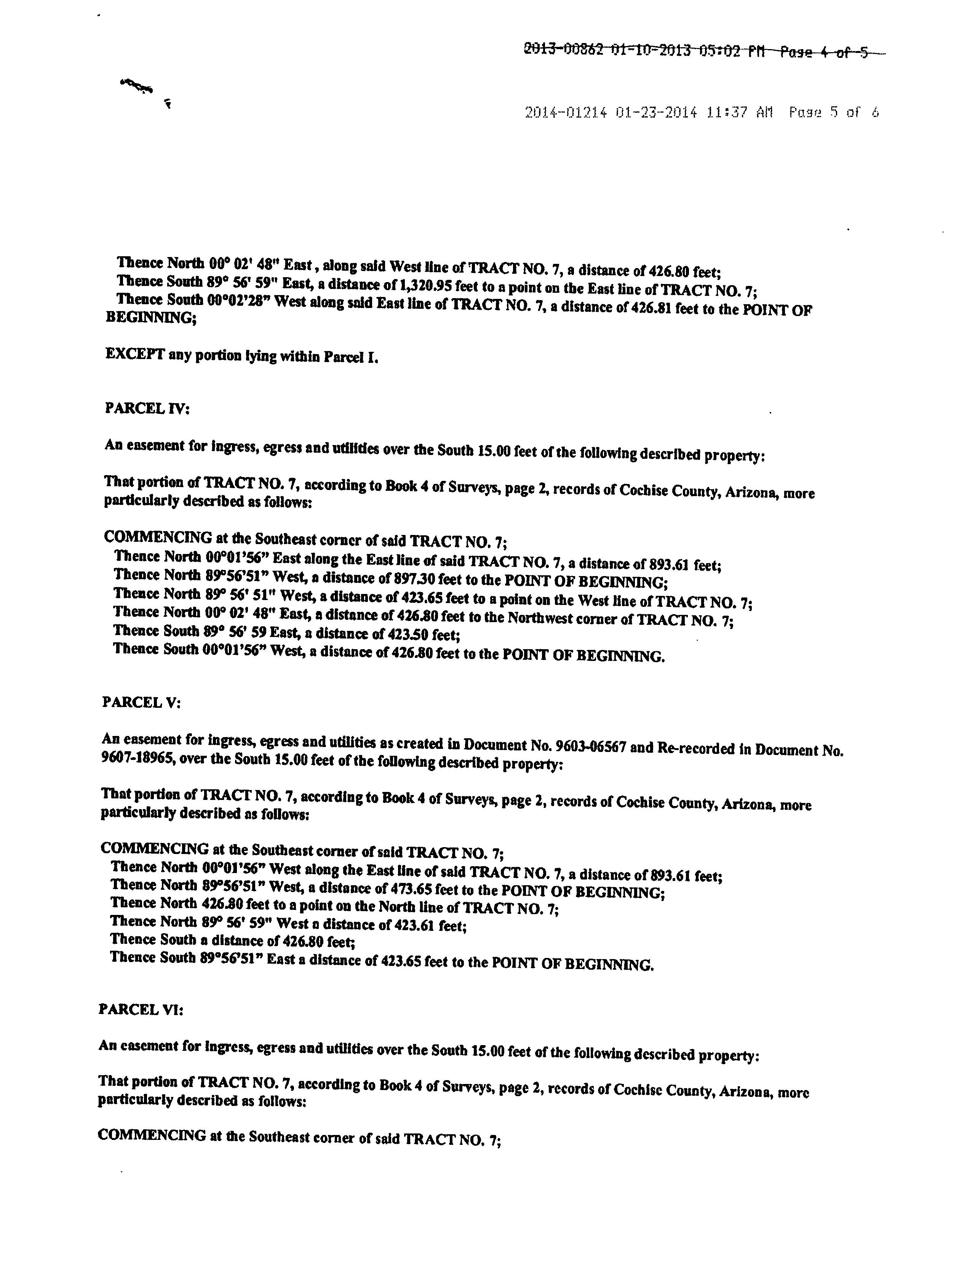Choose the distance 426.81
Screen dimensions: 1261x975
coord(652,308)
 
